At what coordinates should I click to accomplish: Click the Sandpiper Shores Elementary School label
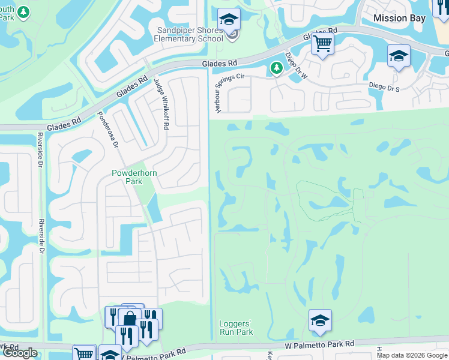click(189, 34)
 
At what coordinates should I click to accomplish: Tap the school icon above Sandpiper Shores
click(229, 19)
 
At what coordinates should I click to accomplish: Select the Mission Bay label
click(399, 18)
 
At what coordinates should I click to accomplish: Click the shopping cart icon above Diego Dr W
click(322, 43)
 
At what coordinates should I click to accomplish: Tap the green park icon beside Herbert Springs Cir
click(276, 68)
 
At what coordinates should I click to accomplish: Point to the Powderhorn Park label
click(134, 177)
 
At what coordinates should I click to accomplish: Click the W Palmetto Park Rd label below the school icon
click(319, 344)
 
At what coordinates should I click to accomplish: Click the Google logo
click(20, 353)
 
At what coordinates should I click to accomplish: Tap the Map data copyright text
click(412, 355)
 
